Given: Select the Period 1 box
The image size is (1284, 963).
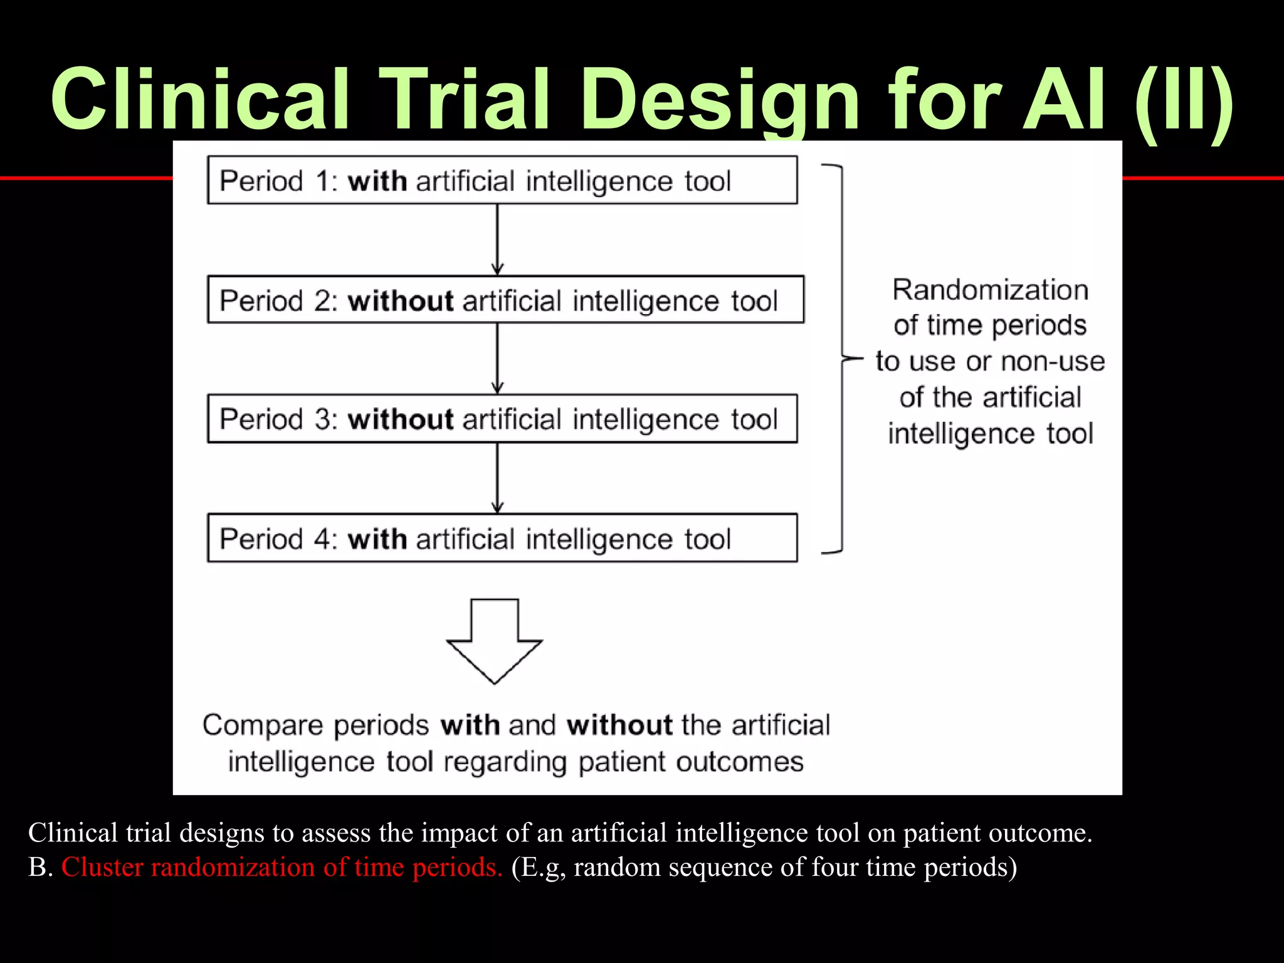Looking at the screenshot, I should pos(502,181).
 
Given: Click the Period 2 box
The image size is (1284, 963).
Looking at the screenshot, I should pos(505,300).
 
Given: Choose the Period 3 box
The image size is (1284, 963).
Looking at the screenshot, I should pos(502,419).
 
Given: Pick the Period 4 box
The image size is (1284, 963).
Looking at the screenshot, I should pos(502,538).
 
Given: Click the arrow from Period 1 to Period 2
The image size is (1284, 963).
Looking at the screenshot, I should pos(498,239).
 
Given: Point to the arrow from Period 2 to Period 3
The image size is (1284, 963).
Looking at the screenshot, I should pos(498,359).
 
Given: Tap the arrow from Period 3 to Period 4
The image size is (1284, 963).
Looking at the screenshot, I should pos(498,478).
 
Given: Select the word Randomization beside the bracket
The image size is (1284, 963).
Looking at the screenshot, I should pos(991,290).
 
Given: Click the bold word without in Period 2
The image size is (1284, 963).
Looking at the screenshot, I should pos(401,301).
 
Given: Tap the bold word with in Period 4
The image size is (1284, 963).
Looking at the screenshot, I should pos(377,539).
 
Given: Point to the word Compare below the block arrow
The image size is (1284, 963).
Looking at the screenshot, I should pos(263,725).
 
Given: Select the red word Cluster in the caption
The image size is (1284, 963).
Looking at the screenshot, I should pos(102,867).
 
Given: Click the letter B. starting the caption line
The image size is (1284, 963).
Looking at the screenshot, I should pos(40,867).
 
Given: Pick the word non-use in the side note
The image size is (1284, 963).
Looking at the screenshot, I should pos(1053,362).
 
